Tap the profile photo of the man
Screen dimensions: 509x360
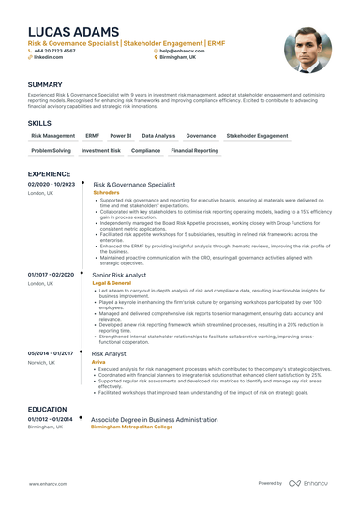point(307,49)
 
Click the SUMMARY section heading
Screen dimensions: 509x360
point(46,84)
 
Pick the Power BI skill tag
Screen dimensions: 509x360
point(121,136)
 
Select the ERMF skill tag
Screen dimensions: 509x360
point(92,136)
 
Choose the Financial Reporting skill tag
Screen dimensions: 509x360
point(194,150)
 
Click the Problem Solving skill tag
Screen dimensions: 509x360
point(51,150)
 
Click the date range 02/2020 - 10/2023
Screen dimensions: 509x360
point(52,185)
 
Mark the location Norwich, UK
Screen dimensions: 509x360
point(45,361)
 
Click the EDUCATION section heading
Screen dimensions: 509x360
point(48,410)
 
